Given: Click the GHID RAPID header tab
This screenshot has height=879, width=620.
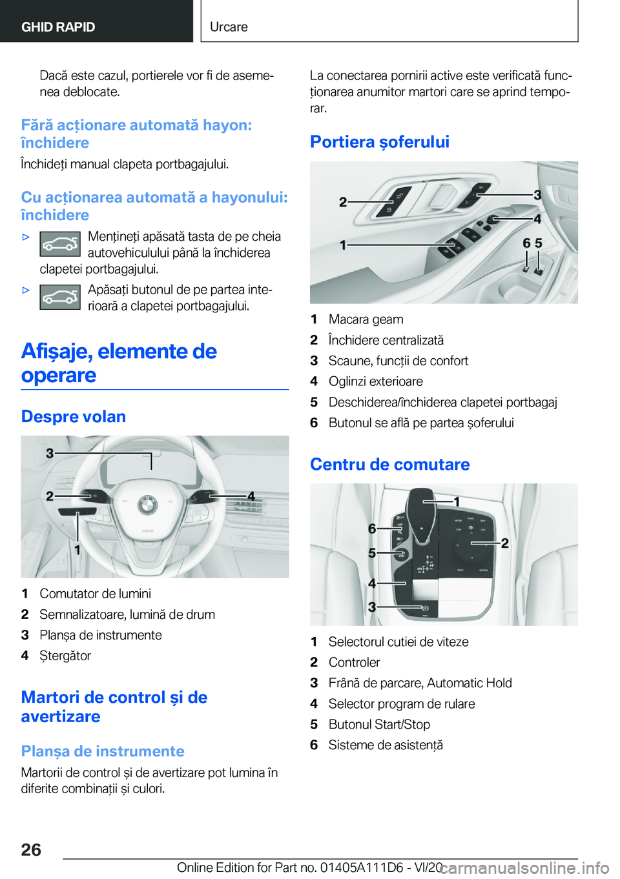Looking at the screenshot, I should pyautogui.click(x=58, y=27).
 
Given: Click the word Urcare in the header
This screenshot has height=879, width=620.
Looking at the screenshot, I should pyautogui.click(x=229, y=27).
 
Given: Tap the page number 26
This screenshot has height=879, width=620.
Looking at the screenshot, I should pyautogui.click(x=31, y=849).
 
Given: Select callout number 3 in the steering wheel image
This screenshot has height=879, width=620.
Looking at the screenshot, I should pyautogui.click(x=50, y=454).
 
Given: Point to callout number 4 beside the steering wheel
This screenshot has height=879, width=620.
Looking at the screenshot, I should pyautogui.click(x=251, y=496).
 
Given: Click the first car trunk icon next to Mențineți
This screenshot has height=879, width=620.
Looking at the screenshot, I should pyautogui.click(x=60, y=244).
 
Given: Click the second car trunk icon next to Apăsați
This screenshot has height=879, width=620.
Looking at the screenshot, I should pyautogui.click(x=60, y=297).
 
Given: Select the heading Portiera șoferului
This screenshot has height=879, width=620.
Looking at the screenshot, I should pyautogui.click(x=379, y=142).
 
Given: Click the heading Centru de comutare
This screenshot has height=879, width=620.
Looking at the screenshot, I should pyautogui.click(x=389, y=465).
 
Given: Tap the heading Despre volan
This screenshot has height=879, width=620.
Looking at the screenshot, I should pyautogui.click(x=73, y=417).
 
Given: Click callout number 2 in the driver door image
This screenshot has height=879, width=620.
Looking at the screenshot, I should pyautogui.click(x=343, y=203).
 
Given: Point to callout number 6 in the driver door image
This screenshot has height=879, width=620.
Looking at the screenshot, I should pyautogui.click(x=526, y=243).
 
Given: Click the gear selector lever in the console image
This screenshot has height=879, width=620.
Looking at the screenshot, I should pyautogui.click(x=421, y=510).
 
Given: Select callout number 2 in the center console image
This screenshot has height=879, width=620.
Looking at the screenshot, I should pyautogui.click(x=504, y=543).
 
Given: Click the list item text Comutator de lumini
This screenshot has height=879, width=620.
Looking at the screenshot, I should pyautogui.click(x=95, y=594).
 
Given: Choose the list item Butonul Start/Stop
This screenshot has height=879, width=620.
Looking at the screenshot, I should pyautogui.click(x=379, y=725).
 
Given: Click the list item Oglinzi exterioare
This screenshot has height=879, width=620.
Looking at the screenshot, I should pyautogui.click(x=375, y=381).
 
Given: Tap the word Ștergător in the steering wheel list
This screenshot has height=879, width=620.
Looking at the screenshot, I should pyautogui.click(x=65, y=656).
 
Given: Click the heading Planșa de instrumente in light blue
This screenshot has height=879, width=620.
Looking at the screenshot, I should pyautogui.click(x=103, y=751).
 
